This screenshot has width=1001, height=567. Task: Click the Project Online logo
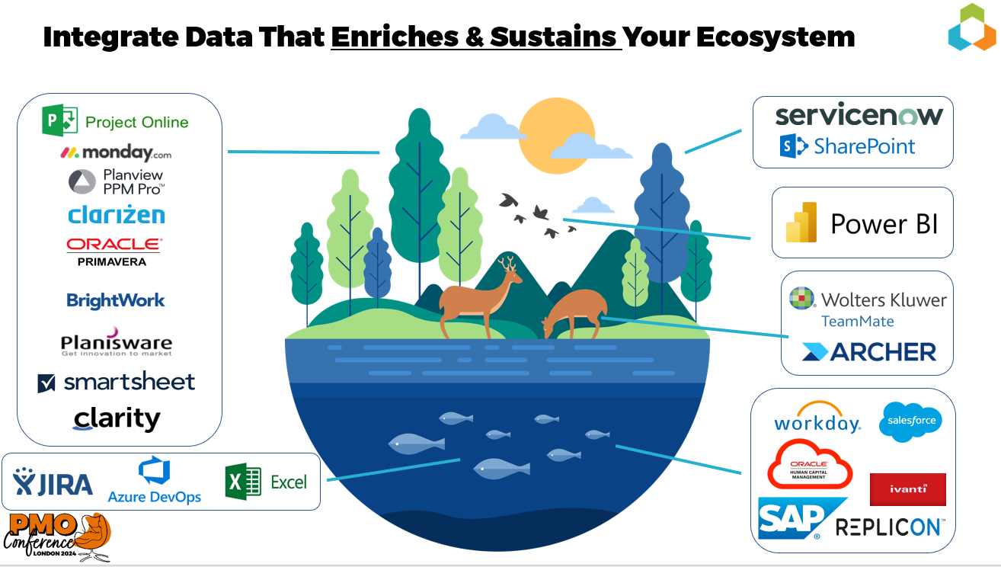pos(115,120)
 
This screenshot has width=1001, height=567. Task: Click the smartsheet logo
pos(117,383)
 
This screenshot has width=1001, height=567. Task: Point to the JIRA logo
pos(53,482)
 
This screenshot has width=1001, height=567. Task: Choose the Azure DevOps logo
pos(154,480)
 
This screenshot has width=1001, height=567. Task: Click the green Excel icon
pos(243,482)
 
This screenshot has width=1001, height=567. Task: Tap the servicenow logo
pos(859,115)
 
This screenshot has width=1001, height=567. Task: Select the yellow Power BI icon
pos(801,223)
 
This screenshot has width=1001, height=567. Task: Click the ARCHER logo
pos(868,352)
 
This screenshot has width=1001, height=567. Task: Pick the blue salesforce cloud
pos(911,421)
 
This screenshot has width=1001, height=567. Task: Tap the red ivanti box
pos(907,489)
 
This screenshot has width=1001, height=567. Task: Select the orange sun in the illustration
pos(557,136)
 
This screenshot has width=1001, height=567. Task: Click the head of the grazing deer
pos(548,326)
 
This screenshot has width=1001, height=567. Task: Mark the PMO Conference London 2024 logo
pos(57,537)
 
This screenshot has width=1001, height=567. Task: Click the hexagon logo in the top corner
pos(972,27)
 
